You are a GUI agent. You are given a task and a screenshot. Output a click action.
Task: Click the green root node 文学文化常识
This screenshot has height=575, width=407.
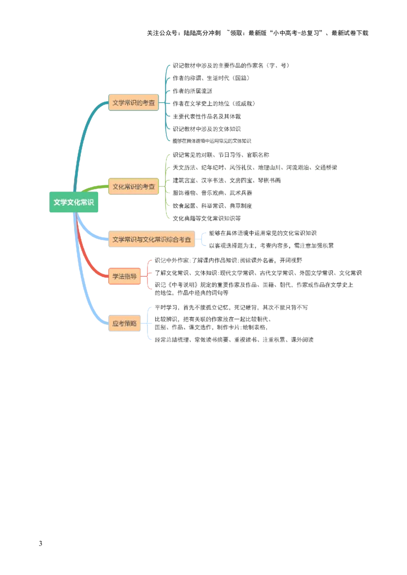pyautogui.click(x=74, y=202)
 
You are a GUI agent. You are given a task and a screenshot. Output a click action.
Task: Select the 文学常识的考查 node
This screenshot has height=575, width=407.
pyautogui.click(x=133, y=103)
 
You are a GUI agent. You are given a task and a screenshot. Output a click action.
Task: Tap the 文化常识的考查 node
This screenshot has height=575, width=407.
pyautogui.click(x=133, y=186)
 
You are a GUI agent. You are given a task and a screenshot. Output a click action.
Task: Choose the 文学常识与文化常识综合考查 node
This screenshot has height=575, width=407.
pyautogui.click(x=152, y=239)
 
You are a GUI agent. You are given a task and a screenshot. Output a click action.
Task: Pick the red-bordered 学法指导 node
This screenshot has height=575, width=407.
pyautogui.click(x=124, y=276)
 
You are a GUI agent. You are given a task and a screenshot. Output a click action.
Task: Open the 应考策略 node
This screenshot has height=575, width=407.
pyautogui.click(x=124, y=324)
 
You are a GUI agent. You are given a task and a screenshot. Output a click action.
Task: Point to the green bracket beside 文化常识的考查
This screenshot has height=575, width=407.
pyautogui.click(x=166, y=186)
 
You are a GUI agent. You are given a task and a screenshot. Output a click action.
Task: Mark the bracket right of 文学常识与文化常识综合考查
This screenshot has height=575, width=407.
pyautogui.click(x=205, y=239)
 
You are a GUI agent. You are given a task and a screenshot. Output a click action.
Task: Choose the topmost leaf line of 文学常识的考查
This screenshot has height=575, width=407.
pyautogui.click(x=229, y=65)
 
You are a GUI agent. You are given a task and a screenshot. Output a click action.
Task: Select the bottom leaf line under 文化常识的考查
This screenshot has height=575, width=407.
pyautogui.click(x=208, y=219)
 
